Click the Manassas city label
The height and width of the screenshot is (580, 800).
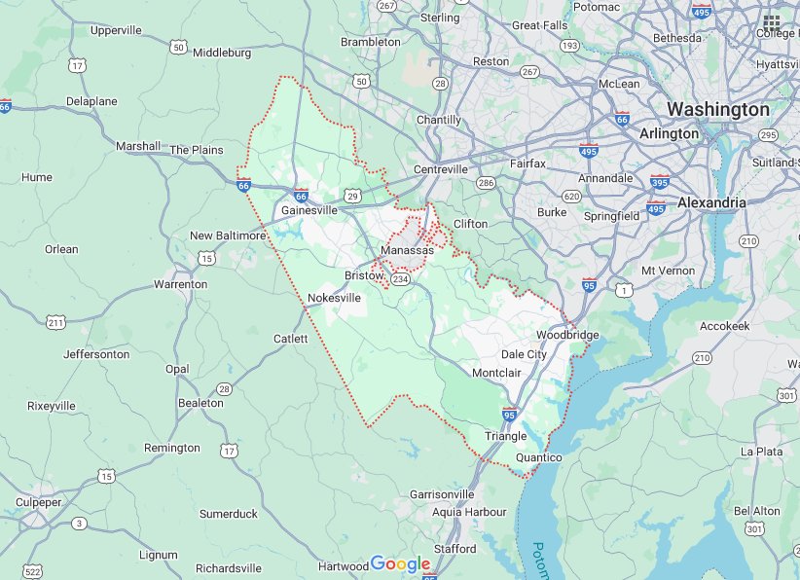coord(407,251)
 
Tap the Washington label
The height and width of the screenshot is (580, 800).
coord(717,109)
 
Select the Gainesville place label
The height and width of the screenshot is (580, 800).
coord(309,210)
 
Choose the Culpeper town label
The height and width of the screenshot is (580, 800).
coord(38,502)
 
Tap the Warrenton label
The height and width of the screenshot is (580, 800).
coord(180,284)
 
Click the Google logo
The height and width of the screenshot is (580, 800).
coord(400,564)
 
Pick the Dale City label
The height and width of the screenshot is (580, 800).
coord(524,355)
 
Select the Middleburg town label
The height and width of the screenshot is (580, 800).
coord(223,53)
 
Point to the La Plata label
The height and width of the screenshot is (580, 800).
coord(762,452)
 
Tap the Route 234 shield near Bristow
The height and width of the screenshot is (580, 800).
coord(400,280)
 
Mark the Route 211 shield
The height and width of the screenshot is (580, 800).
coord(56,322)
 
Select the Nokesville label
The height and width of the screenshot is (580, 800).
coord(334,297)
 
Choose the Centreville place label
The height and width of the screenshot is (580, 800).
coord(442,169)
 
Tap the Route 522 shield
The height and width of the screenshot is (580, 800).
coord(33,570)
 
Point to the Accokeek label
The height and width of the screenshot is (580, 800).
coord(724,326)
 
